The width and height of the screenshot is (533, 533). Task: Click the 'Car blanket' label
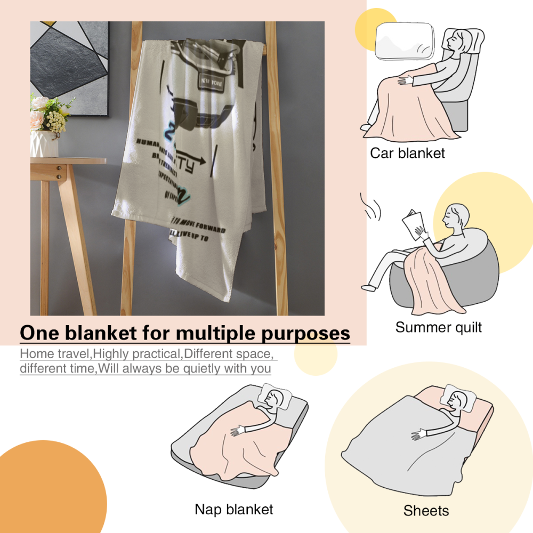(x=407, y=154)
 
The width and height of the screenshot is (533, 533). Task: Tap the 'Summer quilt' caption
(x=438, y=327)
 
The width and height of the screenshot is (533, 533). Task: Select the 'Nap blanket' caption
(x=234, y=509)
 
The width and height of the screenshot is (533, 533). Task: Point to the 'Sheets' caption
(x=426, y=511)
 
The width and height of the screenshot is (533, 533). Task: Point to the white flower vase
(x=44, y=144)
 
